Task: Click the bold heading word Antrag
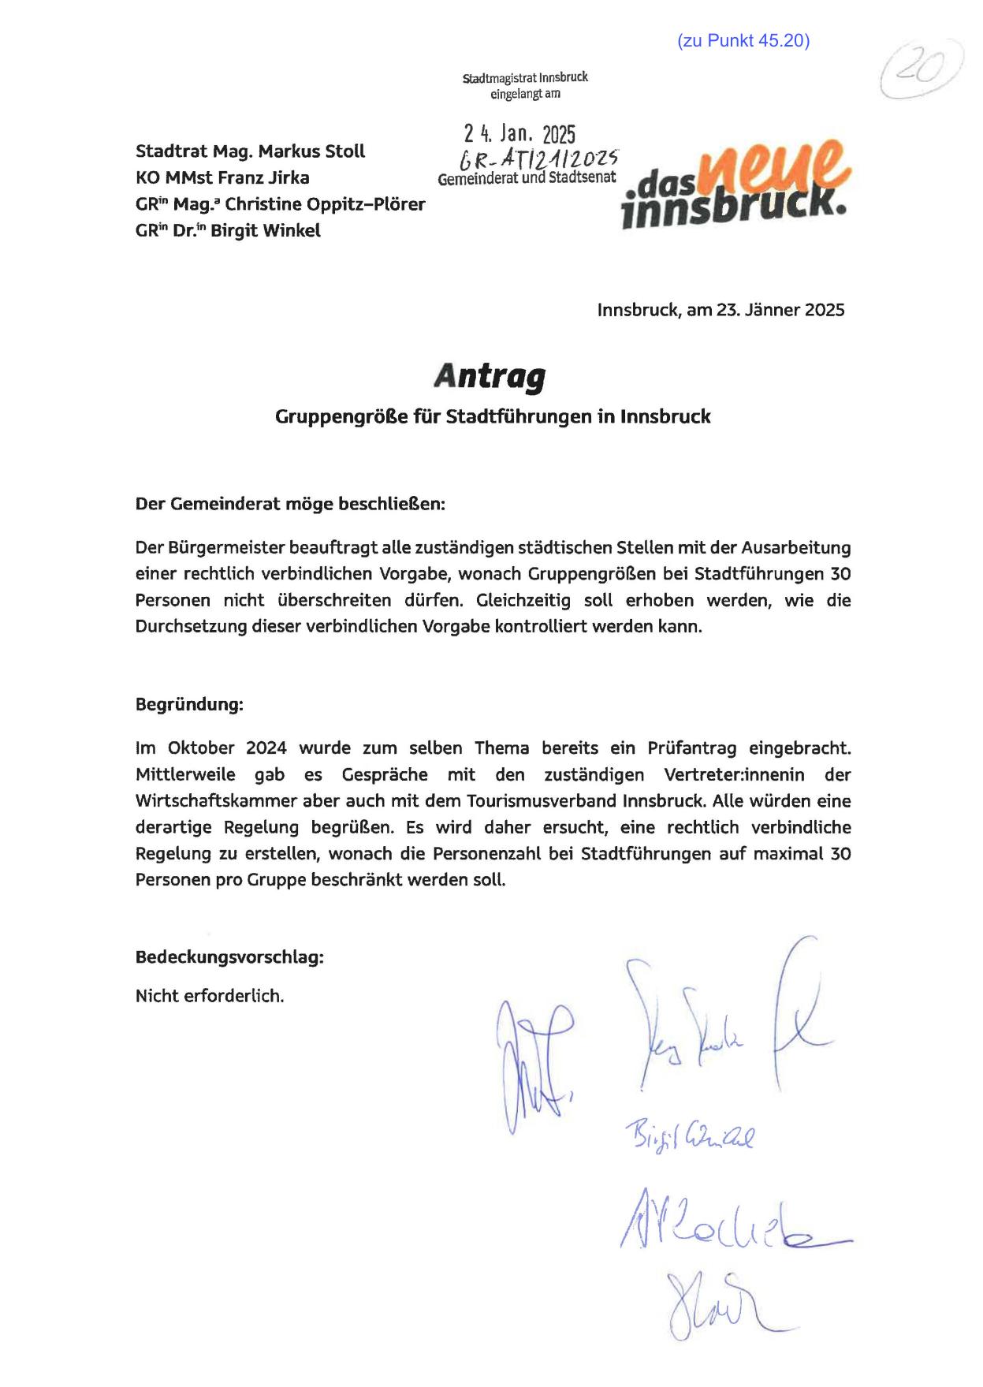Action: [x=489, y=377]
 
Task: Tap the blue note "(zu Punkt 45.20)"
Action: [x=743, y=41]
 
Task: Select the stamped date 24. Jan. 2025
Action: [x=519, y=133]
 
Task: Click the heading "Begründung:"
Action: [x=189, y=704]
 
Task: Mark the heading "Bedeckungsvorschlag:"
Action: [x=229, y=958]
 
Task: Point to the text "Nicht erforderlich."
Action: [x=210, y=996]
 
